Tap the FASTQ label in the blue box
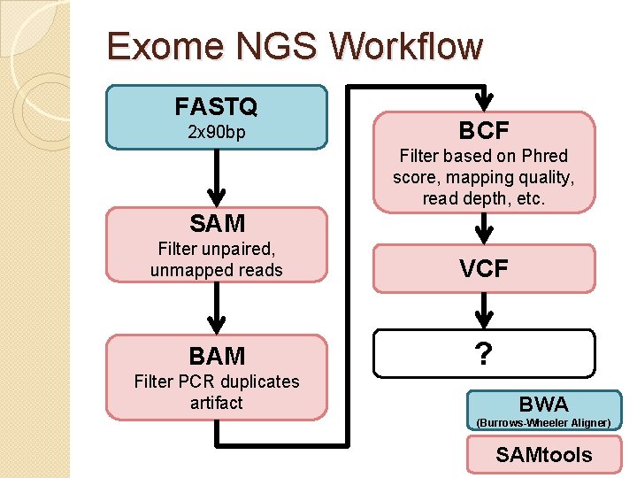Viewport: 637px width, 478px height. (x=216, y=107)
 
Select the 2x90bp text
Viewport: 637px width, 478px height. (x=216, y=133)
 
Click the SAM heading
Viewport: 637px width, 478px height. (x=216, y=224)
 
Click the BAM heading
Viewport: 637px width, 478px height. (x=216, y=356)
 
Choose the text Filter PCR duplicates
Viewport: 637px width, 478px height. (x=216, y=382)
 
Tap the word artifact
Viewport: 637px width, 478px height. (x=216, y=403)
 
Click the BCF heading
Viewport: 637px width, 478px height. (x=483, y=131)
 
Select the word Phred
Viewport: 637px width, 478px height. (x=544, y=156)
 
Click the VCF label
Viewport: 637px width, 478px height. (x=483, y=269)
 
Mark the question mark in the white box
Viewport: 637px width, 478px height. (x=483, y=355)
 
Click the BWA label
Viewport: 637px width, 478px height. (x=543, y=405)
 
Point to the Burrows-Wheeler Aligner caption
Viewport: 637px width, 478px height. (x=543, y=423)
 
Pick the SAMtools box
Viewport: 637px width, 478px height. (x=543, y=455)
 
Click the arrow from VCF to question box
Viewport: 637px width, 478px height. (x=483, y=311)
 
